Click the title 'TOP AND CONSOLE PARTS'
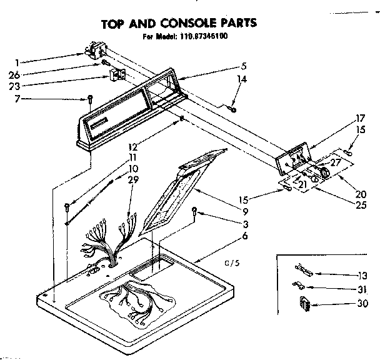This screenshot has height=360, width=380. coord(179,24)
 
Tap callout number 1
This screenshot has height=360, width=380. coord(17,62)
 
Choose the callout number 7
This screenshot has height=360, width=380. coord(17,99)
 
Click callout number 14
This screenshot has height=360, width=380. coord(242,79)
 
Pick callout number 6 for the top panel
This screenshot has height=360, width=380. coord(244,236)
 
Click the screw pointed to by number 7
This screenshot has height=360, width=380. coord(91,99)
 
